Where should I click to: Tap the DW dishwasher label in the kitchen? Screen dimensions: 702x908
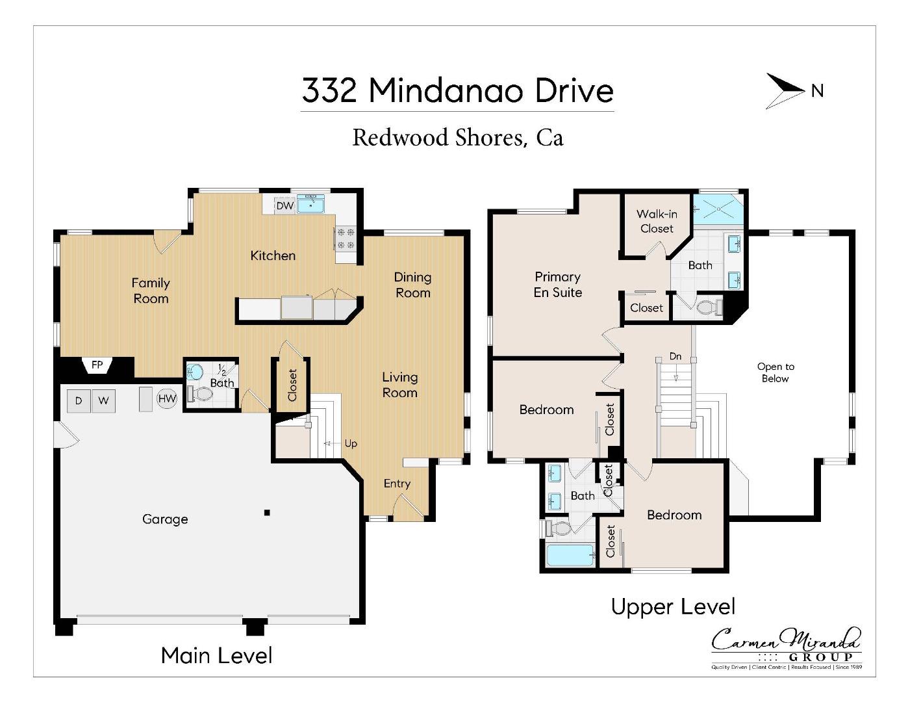284,205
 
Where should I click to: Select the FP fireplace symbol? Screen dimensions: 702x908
97,365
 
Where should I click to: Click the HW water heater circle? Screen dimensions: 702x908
167,399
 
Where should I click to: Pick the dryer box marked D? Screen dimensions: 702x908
79,401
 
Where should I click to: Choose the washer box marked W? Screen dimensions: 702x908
103,401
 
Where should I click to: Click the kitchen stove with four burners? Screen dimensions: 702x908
345,239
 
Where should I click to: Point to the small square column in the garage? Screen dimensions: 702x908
267,513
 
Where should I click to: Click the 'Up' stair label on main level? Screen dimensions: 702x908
351,443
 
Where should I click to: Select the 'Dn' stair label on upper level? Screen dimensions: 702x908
675,356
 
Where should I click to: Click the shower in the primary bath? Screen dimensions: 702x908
718,209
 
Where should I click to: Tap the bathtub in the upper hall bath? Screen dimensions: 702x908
570,556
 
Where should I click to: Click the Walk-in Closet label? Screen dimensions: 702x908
657,221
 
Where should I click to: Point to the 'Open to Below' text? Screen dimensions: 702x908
776,372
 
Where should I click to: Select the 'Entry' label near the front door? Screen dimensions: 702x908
397,484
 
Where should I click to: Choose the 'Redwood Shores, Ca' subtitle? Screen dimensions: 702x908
457,138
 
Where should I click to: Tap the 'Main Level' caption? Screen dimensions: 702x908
216,655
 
